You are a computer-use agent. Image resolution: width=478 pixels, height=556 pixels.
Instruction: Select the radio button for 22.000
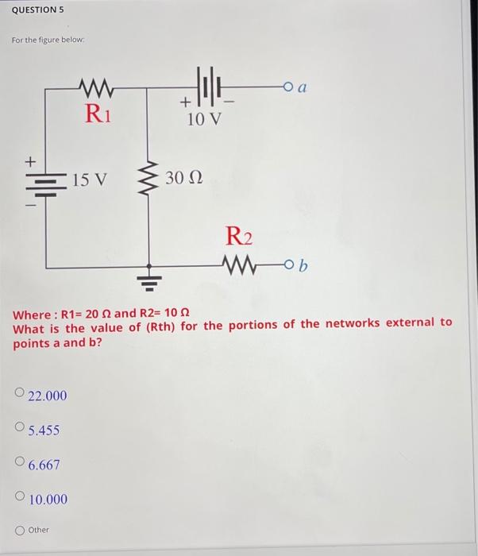point(20,394)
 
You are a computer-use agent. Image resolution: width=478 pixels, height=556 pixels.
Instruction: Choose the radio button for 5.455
point(20,429)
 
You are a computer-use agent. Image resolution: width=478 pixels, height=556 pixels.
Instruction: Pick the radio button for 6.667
point(20,463)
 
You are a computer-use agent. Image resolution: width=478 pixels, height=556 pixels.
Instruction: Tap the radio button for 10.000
point(20,498)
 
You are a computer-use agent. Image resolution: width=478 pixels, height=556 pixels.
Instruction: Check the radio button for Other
point(20,529)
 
